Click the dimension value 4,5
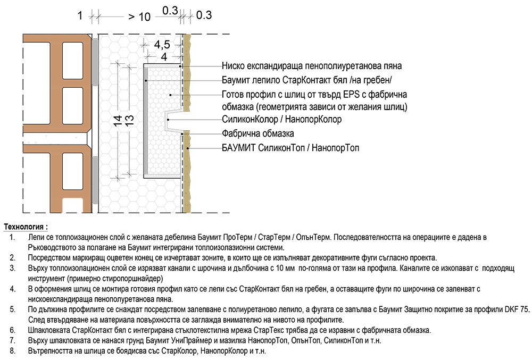pos(163,45)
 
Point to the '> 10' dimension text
pos(139,16)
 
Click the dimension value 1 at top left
pos(80,16)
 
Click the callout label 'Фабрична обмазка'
pos(257,133)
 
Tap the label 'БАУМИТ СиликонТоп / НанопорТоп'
pos(290,148)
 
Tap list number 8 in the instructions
pos(12,351)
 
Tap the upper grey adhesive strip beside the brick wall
pos(95,61)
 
